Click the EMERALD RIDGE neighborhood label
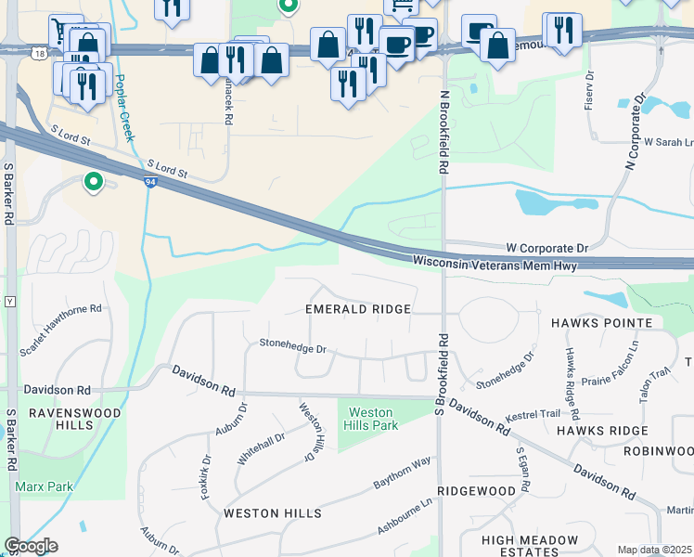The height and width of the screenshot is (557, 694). pos(358,308)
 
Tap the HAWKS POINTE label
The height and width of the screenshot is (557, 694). pos(601,322)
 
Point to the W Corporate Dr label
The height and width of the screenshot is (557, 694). pos(547,248)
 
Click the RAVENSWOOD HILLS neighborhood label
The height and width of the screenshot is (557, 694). pos(62,419)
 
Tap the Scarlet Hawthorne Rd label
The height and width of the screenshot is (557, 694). pos(61,330)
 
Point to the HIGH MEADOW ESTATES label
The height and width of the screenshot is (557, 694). pos(530,546)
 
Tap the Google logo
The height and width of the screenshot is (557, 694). pos(31,546)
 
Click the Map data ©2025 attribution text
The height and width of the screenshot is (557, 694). pos(655,550)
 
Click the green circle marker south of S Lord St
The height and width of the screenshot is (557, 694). pos(94,182)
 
